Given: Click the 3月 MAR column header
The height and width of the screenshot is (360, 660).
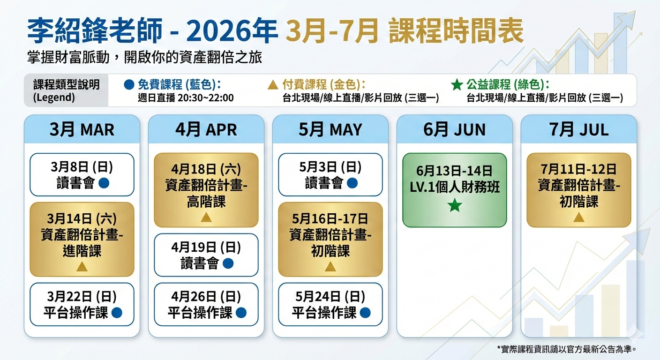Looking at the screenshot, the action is point(82,130).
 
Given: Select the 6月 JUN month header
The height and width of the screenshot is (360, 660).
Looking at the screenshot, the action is point(454,130).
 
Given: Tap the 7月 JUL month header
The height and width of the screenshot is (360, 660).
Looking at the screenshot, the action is point(579,130).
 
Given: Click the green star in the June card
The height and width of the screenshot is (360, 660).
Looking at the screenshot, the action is point(455,205).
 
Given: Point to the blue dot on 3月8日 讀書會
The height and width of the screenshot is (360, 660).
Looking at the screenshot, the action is point(104,183).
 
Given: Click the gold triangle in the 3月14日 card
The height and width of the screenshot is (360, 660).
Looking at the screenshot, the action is point(82,267).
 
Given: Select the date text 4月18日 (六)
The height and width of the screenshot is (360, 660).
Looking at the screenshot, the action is point(206,169).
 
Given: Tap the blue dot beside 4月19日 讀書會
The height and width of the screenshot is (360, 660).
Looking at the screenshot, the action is point(228,263).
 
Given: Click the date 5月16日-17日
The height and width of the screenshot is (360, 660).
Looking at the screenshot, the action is point(330,219).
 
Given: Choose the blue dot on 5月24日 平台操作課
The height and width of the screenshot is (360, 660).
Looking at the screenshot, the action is point(365,313).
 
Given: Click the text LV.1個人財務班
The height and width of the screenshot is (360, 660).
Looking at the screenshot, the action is point(455,187).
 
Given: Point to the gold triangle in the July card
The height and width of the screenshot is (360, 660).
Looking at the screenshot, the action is point(579,217).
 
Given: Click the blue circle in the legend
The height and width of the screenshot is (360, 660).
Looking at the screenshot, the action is point(129,85).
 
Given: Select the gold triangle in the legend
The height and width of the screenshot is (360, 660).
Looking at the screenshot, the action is point(273,85).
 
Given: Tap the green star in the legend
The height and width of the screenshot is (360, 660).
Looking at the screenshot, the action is point(457,85).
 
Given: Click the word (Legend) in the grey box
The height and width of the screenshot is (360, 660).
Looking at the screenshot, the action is point(54,97).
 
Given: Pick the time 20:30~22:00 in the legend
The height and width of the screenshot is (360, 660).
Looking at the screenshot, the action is point(206,98).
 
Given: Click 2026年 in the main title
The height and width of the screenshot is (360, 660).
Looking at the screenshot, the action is point(232,30).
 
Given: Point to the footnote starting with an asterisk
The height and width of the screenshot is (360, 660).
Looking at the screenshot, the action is point(567,349).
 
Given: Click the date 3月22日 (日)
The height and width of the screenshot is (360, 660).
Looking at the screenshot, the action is point(82,297).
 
